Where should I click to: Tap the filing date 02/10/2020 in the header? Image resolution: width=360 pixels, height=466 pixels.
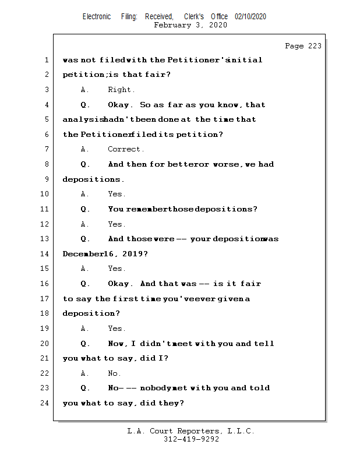pos(250,16)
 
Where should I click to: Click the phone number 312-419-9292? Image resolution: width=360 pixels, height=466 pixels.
pos(191,440)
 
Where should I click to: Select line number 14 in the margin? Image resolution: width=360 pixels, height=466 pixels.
pos(45,254)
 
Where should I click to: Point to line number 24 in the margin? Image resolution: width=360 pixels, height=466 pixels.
pos(45,403)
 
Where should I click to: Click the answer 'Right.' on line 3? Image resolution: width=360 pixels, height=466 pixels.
pos(121,90)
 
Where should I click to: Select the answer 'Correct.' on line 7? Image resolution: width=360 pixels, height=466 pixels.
pos(126,150)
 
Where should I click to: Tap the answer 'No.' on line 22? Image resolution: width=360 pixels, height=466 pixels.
pos(114,373)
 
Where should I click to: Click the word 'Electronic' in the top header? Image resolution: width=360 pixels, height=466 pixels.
pos(97,16)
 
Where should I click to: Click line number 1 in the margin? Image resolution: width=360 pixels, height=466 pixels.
pos(45,60)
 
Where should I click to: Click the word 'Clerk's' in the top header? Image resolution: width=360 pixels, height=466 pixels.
pos(194,16)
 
